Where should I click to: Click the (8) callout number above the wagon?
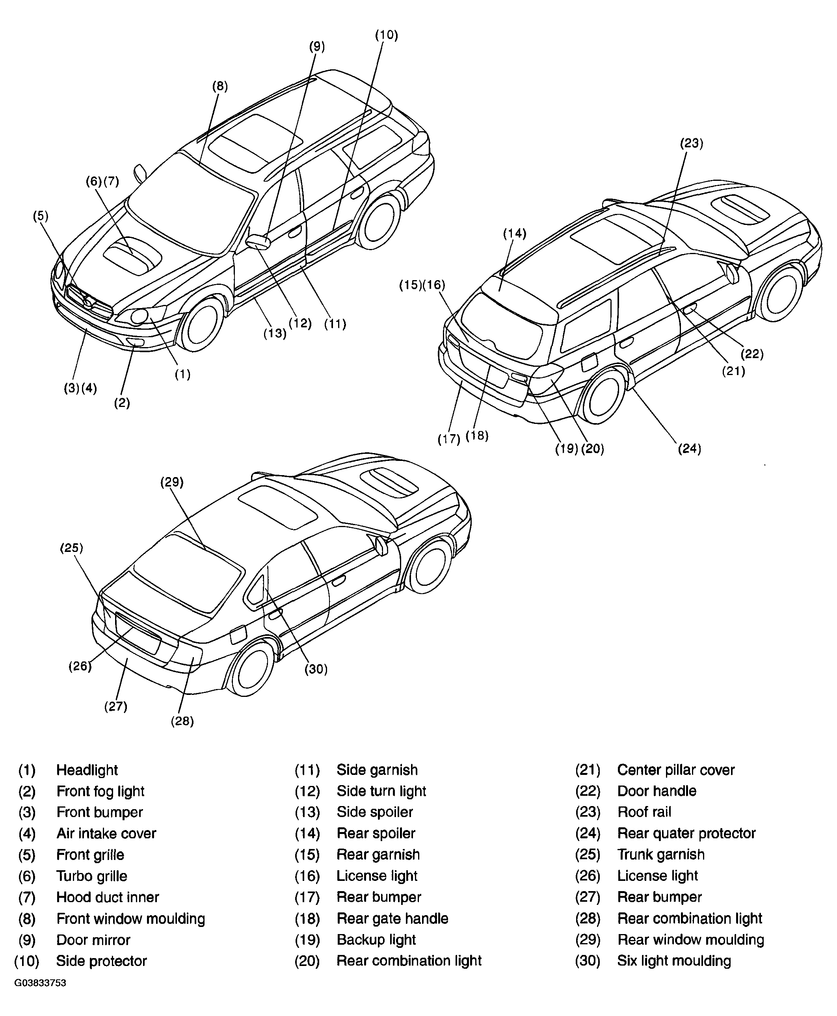click(220, 86)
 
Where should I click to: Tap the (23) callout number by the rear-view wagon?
click(692, 143)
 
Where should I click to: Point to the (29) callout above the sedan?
click(172, 482)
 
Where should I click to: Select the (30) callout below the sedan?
click(316, 669)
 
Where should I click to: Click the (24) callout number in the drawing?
click(690, 449)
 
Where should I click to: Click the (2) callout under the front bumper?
click(122, 403)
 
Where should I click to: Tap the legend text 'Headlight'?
click(87, 770)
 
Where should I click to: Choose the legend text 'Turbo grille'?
click(91, 876)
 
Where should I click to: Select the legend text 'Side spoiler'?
click(375, 812)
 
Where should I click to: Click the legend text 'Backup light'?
click(376, 939)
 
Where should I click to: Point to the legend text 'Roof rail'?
click(644, 812)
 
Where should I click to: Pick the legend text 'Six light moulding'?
click(674, 960)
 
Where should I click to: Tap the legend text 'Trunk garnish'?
click(661, 854)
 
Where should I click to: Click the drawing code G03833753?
click(40, 983)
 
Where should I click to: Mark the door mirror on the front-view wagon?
click(259, 241)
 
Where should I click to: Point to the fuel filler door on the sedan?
click(238, 635)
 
